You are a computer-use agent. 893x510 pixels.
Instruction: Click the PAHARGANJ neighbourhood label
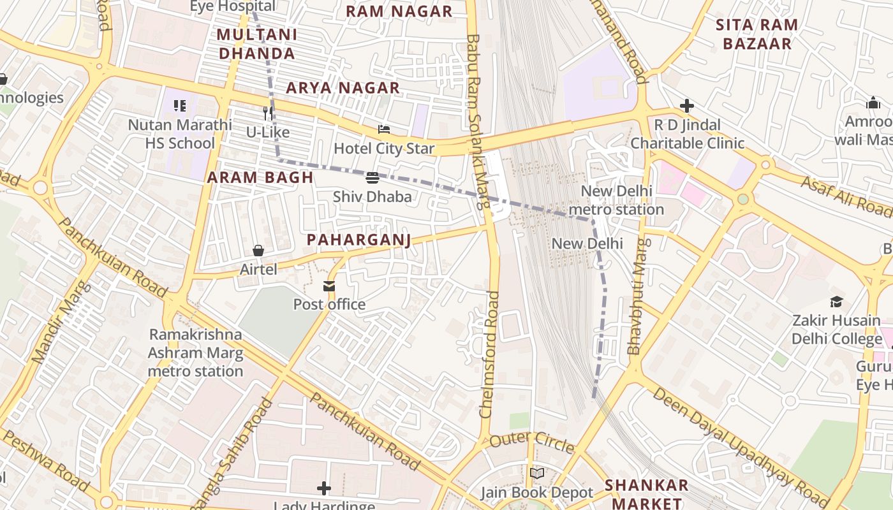tap(358, 240)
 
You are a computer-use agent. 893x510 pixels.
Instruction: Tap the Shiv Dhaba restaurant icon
tap(373, 177)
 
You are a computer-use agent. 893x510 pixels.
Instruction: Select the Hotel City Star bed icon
tap(384, 129)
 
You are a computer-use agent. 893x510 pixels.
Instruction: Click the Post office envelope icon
tap(329, 286)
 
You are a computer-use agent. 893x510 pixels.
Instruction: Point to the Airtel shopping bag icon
tap(258, 251)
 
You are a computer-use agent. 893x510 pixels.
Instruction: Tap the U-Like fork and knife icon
tap(269, 113)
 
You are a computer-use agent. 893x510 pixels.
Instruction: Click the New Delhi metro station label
tap(616, 200)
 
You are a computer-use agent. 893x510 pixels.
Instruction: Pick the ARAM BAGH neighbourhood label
tap(260, 178)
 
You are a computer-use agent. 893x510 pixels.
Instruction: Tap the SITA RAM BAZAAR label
tap(757, 34)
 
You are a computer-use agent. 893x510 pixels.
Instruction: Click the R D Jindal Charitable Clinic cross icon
tap(687, 105)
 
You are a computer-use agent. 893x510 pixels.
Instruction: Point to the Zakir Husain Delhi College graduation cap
tap(836, 302)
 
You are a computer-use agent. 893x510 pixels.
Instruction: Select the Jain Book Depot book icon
tap(537, 473)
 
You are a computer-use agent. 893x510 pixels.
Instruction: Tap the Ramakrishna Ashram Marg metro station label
tap(196, 353)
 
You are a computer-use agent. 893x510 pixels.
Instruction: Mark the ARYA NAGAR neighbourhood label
tap(343, 88)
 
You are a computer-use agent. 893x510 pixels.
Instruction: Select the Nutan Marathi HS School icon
tap(180, 106)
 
